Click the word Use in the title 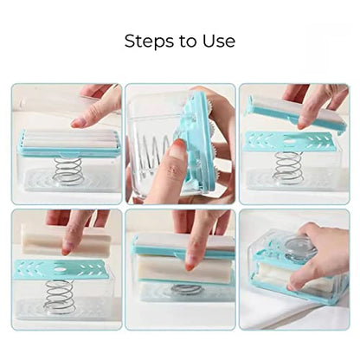point(219,41)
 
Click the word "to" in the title point(189,42)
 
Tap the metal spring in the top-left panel point(68,170)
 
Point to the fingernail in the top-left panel point(75,124)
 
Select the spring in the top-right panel point(289,168)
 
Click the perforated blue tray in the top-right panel point(289,141)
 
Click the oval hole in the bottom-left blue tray point(60,269)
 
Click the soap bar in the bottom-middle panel point(184,268)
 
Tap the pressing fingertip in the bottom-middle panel point(190,264)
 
